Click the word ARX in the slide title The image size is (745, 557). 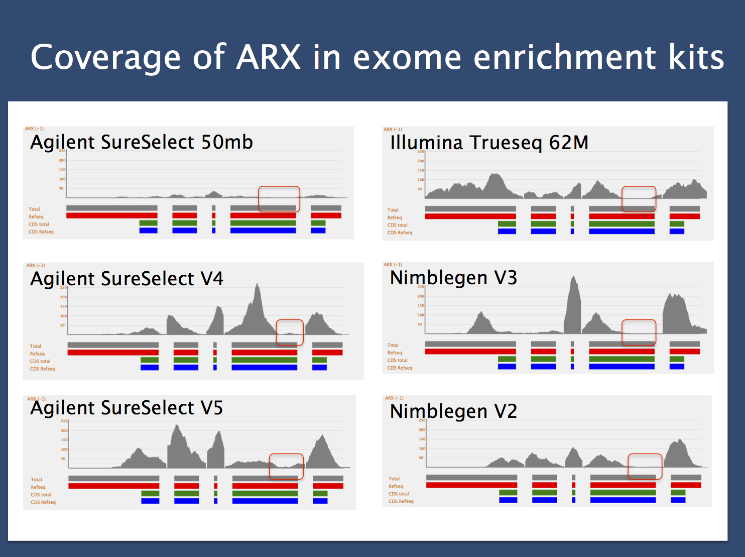(x=269, y=57)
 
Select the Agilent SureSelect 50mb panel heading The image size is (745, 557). (x=142, y=142)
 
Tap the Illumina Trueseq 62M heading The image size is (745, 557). (x=489, y=143)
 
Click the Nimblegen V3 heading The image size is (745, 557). (x=453, y=278)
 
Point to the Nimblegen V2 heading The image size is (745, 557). (x=453, y=411)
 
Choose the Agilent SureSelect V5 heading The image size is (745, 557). (x=127, y=408)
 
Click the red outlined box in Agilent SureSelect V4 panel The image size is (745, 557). (x=290, y=332)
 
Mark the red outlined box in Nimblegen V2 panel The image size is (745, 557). (x=645, y=467)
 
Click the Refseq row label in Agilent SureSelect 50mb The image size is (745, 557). (x=36, y=217)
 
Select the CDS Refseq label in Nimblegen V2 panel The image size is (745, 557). (x=401, y=501)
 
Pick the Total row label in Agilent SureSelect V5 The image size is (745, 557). (x=36, y=480)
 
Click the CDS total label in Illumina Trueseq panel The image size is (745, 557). (x=397, y=225)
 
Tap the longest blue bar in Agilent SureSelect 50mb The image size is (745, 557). (x=263, y=231)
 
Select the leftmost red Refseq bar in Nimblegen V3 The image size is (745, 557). (x=470, y=352)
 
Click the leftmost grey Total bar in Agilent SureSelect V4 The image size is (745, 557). (x=113, y=345)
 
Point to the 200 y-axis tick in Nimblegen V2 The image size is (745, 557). (x=422, y=430)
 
